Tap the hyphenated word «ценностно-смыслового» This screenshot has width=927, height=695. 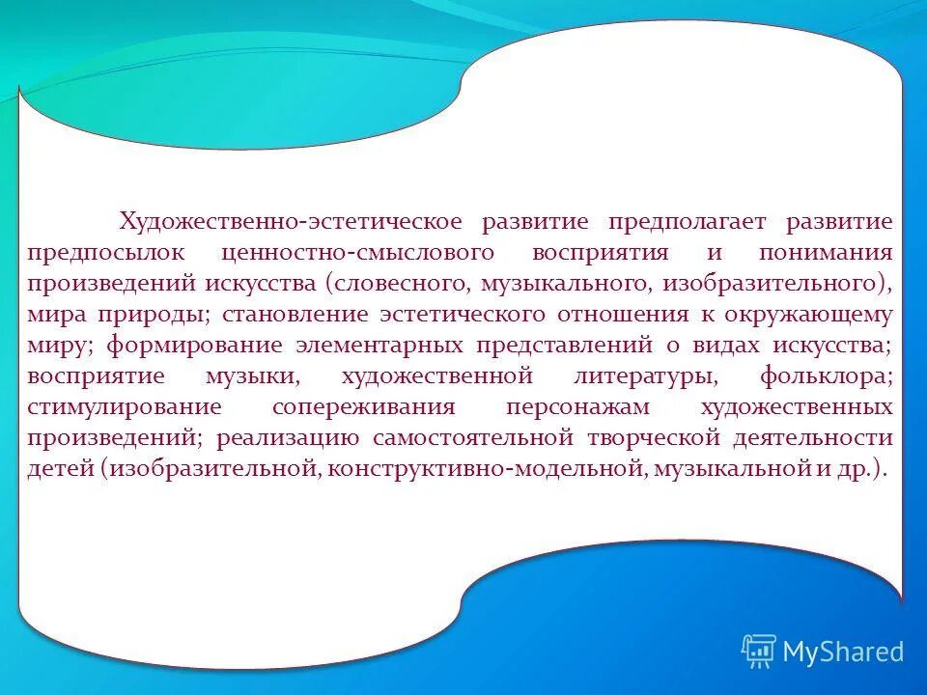[x=357, y=253]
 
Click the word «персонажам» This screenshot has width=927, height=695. [x=569, y=407]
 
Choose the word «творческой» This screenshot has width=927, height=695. [x=654, y=438]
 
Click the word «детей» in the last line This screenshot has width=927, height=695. [x=60, y=469]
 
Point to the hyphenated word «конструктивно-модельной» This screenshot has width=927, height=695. [x=488, y=469]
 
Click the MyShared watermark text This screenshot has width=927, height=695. [x=842, y=652]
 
